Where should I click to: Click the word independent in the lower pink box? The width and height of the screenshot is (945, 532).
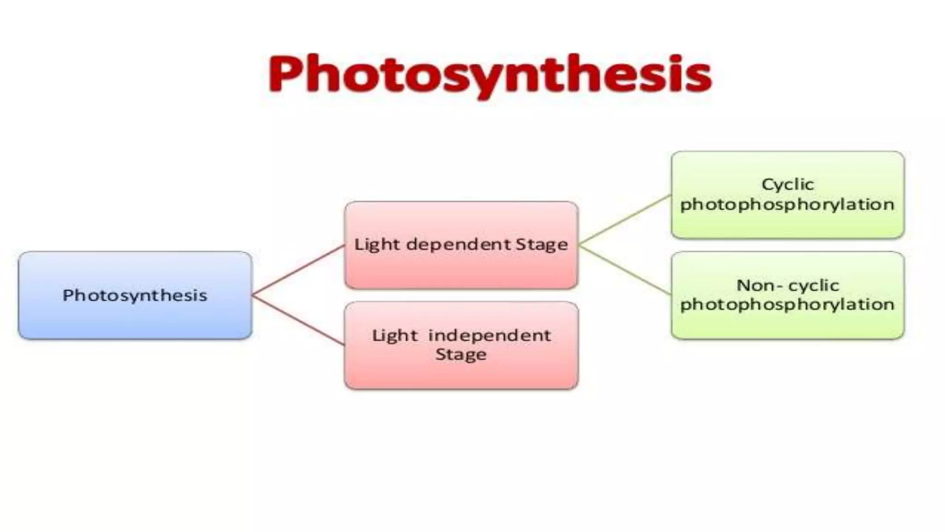(490, 335)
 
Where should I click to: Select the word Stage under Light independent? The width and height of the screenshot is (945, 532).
(461, 355)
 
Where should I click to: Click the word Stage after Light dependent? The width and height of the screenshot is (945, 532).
(542, 245)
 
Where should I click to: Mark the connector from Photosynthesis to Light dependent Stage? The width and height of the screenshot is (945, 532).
(298, 270)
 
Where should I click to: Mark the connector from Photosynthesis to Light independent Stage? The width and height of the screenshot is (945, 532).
(298, 320)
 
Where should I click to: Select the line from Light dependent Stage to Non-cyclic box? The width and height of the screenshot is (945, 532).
(625, 270)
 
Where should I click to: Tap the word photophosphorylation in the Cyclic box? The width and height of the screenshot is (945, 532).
(788, 205)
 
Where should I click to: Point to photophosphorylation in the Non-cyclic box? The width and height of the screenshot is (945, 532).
(788, 304)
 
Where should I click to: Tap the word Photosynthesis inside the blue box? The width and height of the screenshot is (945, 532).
(135, 296)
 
